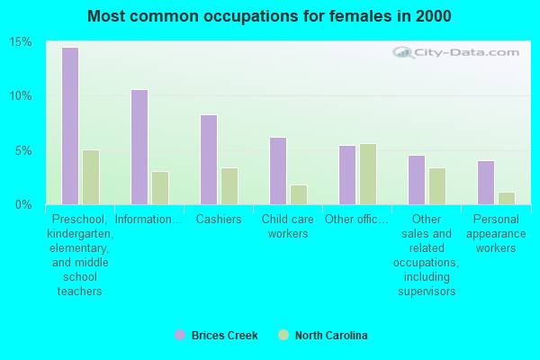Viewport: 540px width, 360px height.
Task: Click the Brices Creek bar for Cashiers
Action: (208, 159)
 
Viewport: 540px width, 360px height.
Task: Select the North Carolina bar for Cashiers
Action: (229, 185)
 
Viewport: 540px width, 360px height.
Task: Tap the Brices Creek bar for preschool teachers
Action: (69, 126)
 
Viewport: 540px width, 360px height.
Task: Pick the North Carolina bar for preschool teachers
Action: (91, 176)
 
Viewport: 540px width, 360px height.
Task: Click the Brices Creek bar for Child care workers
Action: (277, 171)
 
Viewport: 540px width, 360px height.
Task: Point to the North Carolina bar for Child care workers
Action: (299, 194)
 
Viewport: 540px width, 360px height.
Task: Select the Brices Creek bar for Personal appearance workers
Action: (485, 182)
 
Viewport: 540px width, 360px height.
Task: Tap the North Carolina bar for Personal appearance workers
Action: (507, 198)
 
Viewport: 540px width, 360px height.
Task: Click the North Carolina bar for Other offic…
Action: (368, 174)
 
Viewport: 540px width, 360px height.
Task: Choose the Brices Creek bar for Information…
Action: (139, 147)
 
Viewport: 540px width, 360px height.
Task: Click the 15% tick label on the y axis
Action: (21, 42)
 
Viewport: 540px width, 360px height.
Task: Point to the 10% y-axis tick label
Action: (21, 96)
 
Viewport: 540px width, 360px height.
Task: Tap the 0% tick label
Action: (23, 204)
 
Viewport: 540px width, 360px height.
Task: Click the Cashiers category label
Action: (219, 220)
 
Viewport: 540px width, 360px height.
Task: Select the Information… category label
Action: (149, 220)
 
